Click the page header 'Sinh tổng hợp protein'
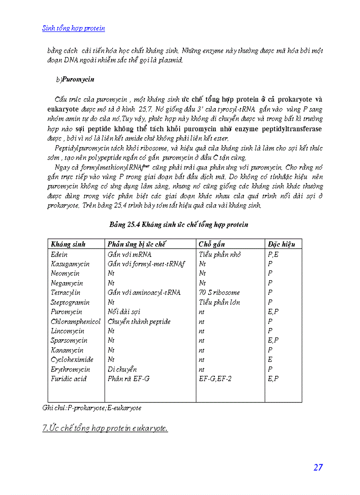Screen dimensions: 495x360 click(x=73, y=28)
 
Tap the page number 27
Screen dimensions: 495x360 click(x=318, y=468)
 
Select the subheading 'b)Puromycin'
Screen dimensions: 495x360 click(x=75, y=80)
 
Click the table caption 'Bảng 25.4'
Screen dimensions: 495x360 click(x=179, y=224)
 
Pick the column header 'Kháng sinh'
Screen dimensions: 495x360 click(x=68, y=244)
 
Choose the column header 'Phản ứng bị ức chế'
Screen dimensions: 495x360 click(x=136, y=244)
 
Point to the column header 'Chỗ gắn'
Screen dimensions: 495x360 click(x=211, y=244)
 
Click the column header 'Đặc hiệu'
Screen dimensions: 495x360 click(x=281, y=244)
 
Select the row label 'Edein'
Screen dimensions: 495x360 click(x=59, y=254)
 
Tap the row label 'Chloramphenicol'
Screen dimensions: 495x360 click(x=75, y=321)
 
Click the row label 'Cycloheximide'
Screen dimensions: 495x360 click(x=72, y=360)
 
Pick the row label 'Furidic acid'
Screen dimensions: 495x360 click(x=68, y=379)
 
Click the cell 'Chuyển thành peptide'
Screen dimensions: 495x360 click(x=139, y=321)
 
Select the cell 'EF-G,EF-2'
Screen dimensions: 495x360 click(x=215, y=379)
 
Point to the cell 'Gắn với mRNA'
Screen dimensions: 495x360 click(x=129, y=254)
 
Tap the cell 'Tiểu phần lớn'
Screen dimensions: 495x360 click(x=220, y=302)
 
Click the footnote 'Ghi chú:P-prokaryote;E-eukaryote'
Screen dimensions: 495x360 click(x=92, y=408)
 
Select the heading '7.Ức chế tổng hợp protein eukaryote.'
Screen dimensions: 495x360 click(x=105, y=428)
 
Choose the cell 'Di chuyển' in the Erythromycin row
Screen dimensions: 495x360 click(x=122, y=369)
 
